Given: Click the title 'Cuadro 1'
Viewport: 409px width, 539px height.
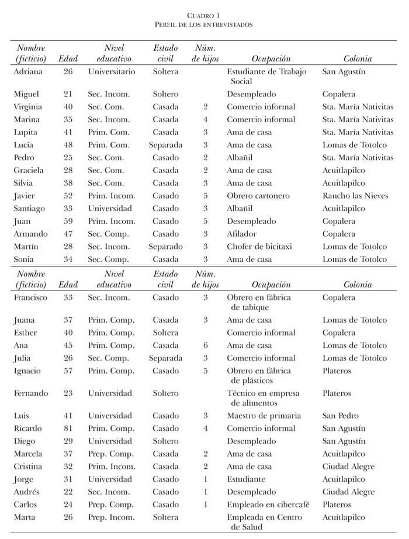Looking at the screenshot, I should [204, 15].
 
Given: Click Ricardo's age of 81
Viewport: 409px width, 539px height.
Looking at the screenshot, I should [68, 429].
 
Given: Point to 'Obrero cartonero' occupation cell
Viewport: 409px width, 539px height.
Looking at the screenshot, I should [256, 196].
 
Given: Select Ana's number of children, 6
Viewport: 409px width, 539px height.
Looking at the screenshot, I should [205, 345].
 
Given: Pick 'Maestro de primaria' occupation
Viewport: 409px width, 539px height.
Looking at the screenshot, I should [264, 416].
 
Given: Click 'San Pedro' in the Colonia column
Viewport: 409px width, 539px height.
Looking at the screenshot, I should [340, 416].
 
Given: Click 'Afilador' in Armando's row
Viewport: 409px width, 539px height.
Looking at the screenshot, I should [242, 234].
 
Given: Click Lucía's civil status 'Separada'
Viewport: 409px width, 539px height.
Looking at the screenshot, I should [165, 145].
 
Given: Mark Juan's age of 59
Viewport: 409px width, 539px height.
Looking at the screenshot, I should [68, 221].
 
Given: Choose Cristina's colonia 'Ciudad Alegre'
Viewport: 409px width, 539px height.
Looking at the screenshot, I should [348, 467].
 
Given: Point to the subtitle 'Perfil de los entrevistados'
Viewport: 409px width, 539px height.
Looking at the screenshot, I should [204, 25].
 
